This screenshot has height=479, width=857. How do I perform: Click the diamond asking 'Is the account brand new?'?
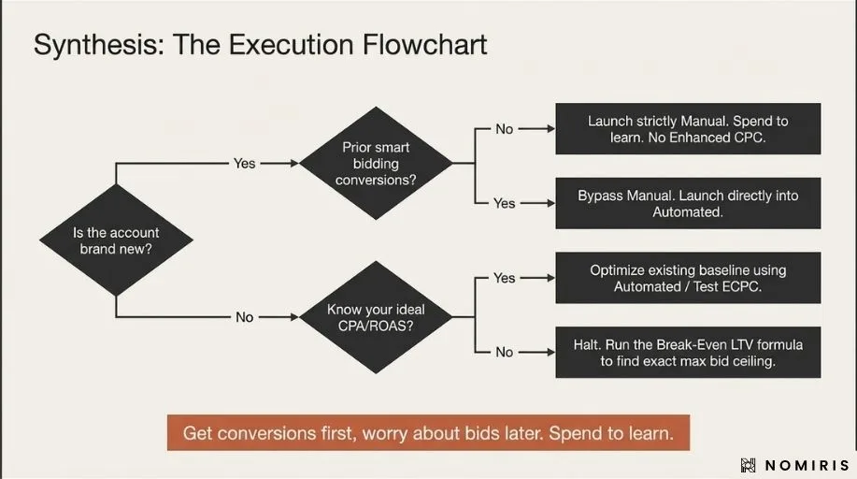pyautogui.click(x=116, y=240)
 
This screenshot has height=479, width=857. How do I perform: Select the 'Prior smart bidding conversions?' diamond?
pyautogui.click(x=375, y=163)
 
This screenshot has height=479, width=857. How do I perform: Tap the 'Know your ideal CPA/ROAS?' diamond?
pyautogui.click(x=375, y=317)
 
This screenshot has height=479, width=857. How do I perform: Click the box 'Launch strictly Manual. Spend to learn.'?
pyautogui.click(x=688, y=129)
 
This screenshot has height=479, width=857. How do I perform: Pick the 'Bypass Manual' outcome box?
pyautogui.click(x=688, y=203)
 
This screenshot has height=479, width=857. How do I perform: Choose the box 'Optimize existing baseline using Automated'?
pyautogui.click(x=688, y=278)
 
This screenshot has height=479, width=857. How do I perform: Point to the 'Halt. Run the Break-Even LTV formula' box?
pyautogui.click(x=688, y=352)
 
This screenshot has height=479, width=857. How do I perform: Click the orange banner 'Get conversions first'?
pyautogui.click(x=428, y=433)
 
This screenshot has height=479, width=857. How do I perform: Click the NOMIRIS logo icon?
pyautogui.click(x=748, y=465)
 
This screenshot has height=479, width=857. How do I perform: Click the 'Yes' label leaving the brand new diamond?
pyautogui.click(x=244, y=163)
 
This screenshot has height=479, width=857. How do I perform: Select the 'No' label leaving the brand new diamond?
pyautogui.click(x=244, y=317)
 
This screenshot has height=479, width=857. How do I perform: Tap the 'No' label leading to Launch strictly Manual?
pyautogui.click(x=504, y=129)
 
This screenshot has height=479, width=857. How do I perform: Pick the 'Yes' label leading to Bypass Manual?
pyautogui.click(x=504, y=203)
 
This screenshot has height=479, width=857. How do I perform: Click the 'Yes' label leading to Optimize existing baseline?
pyautogui.click(x=504, y=278)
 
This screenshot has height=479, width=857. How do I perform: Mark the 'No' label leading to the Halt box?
pyautogui.click(x=504, y=352)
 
